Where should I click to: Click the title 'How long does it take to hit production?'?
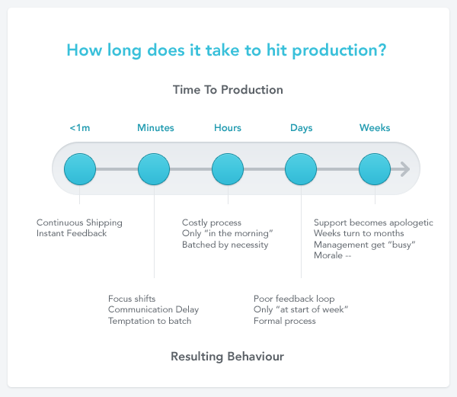(226, 51)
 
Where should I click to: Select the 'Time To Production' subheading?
(228, 90)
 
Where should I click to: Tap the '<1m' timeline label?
(80, 128)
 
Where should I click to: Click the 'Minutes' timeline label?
(155, 128)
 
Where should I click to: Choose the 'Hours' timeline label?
(228, 128)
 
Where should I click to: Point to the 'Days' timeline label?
(301, 128)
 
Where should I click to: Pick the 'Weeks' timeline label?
(375, 128)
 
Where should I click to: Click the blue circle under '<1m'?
(80, 168)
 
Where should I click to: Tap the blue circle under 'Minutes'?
(154, 168)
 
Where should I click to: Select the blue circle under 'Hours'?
(227, 168)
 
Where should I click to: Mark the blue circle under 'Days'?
(301, 168)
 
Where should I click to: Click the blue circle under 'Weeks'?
(375, 168)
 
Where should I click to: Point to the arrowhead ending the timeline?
(404, 168)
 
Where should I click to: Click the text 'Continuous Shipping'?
(79, 223)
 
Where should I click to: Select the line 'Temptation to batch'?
(149, 321)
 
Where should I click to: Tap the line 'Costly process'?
(212, 223)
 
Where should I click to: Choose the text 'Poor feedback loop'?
(294, 299)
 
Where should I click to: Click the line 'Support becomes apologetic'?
(373, 223)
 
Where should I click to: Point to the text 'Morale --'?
(332, 255)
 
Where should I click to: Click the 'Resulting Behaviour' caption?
(227, 356)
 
